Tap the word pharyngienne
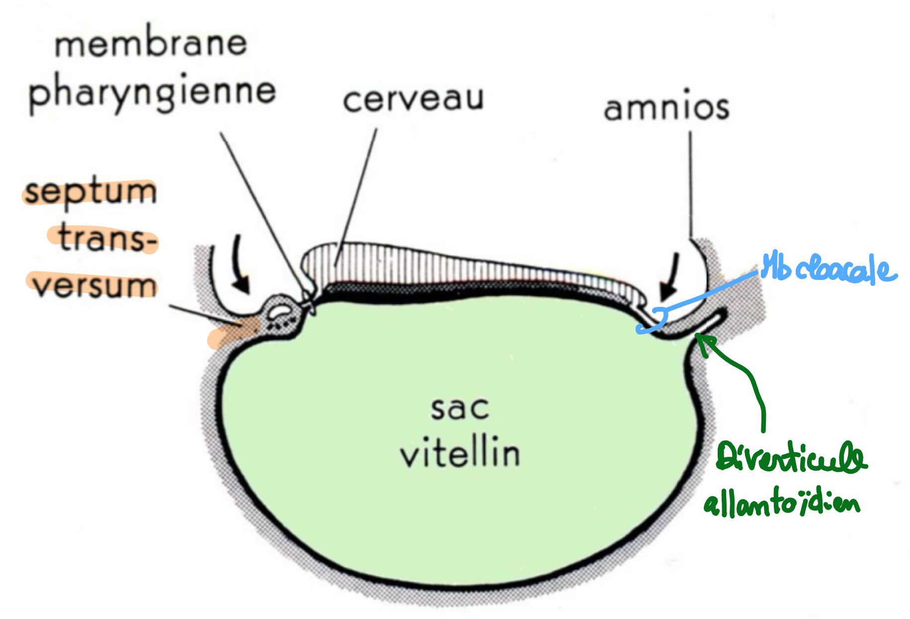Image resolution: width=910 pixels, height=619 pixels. pos(152,93)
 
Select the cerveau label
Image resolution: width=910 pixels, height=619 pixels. pos(413,99)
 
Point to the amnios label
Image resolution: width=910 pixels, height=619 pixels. pos(666,108)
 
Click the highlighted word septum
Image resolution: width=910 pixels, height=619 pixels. pos(91,192)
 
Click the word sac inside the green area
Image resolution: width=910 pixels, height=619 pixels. pos(460,409)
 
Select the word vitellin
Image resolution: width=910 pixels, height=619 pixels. pos(460,453)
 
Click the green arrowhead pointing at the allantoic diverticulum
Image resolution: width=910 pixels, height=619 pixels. pos(705,343)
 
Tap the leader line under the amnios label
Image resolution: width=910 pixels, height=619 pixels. pos(690,184)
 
